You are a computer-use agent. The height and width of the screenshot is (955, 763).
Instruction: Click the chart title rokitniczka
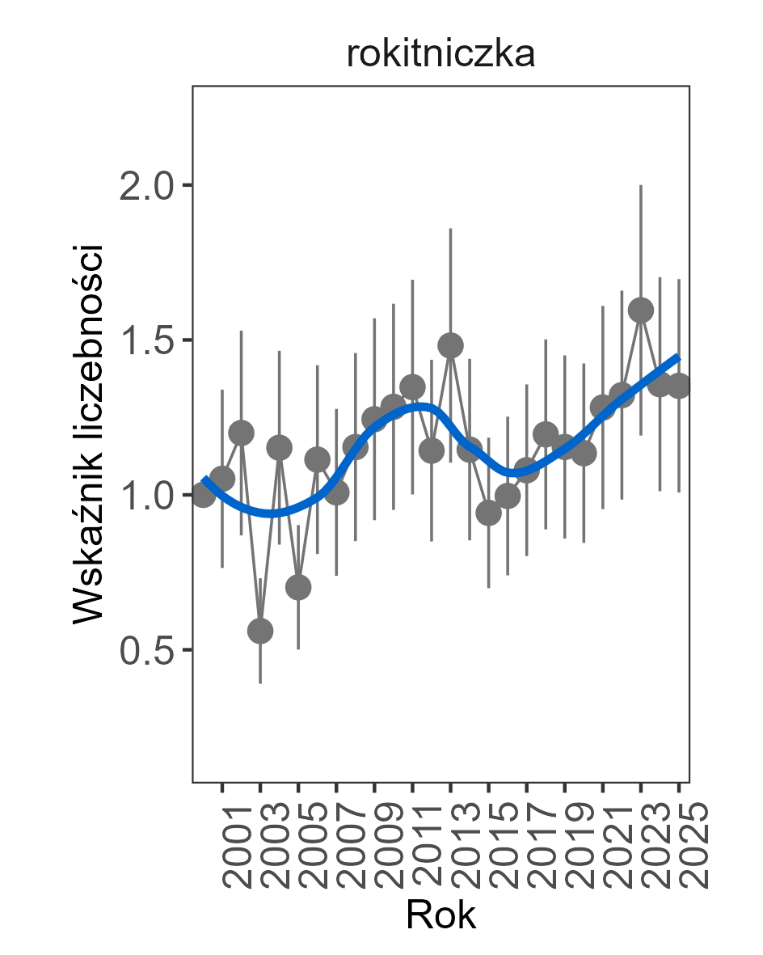coord(441,55)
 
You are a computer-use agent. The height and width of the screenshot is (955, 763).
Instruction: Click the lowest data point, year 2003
coord(260,631)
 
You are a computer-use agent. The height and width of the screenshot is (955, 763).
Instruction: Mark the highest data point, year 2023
coord(641,310)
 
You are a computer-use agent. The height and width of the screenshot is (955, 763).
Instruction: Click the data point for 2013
coord(451,345)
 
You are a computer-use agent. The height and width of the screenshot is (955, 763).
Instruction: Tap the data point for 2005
coord(298,587)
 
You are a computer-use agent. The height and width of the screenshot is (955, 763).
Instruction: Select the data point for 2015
coord(488,512)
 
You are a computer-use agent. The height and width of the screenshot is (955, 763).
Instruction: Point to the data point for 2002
coord(241,433)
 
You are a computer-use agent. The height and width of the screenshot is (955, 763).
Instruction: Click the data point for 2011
coord(412,387)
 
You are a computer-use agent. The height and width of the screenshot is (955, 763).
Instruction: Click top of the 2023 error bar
coord(641,186)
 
